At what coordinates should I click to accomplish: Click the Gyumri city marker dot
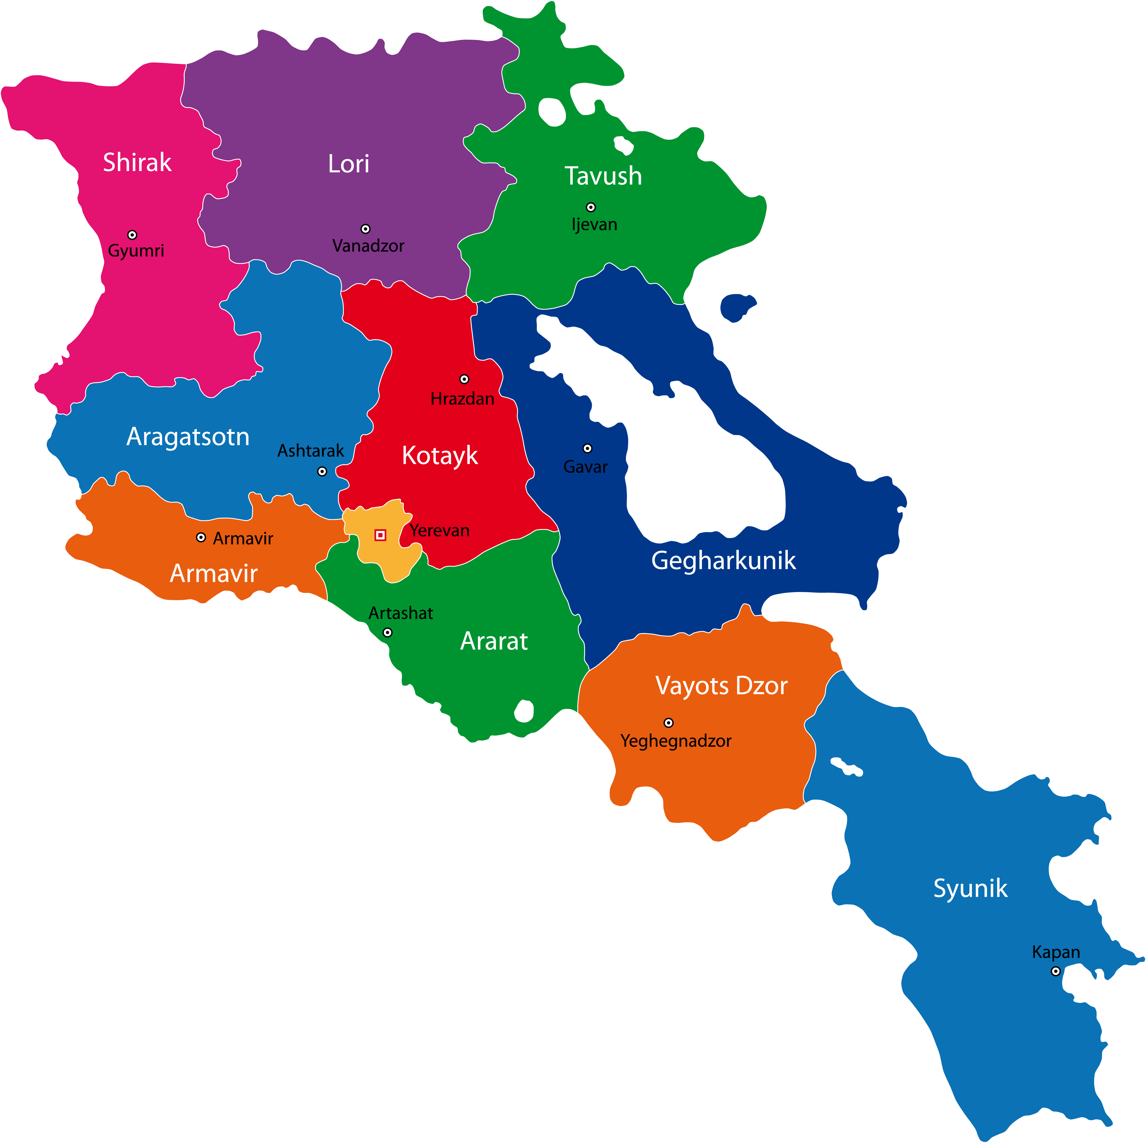click(132, 235)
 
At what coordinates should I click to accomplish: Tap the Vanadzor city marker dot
click(365, 229)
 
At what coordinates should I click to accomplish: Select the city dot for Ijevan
click(591, 207)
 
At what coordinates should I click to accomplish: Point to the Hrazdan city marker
click(464, 379)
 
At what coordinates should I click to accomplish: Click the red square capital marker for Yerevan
click(380, 535)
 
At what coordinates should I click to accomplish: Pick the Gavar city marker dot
click(587, 448)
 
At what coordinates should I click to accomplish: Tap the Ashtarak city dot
click(322, 471)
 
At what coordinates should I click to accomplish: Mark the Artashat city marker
click(387, 632)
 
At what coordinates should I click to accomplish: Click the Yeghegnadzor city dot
click(668, 723)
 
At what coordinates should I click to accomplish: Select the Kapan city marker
click(1056, 971)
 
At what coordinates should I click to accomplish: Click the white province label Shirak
click(137, 163)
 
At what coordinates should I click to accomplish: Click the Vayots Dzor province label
click(721, 686)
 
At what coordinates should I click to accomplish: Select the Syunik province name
click(971, 888)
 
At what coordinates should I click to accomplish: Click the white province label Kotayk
click(439, 456)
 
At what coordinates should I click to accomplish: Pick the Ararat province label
click(494, 641)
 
